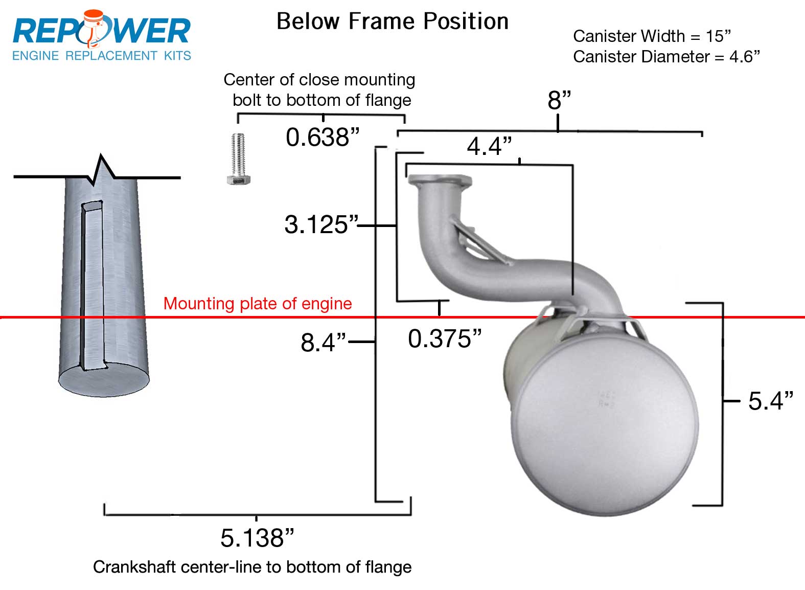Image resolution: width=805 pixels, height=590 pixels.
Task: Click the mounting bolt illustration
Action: click(238, 158)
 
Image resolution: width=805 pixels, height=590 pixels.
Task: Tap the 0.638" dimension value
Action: click(323, 137)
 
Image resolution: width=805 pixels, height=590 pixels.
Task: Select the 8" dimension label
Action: click(559, 100)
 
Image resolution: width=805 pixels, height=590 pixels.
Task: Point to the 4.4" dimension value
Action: click(489, 147)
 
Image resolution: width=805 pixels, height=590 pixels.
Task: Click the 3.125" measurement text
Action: click(321, 225)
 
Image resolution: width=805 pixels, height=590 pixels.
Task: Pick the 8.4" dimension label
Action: click(323, 342)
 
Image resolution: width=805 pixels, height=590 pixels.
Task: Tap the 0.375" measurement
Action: click(445, 338)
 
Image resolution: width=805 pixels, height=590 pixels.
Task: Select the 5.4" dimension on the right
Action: click(770, 401)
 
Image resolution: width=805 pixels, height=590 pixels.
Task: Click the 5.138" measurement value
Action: click(257, 538)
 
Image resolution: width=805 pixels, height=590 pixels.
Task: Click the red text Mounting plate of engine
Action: click(258, 304)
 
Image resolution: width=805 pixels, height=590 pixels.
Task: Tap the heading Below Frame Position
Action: click(392, 21)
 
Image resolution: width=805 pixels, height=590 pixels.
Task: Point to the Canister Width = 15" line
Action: click(652, 36)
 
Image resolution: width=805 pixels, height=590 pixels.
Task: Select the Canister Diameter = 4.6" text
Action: click(666, 57)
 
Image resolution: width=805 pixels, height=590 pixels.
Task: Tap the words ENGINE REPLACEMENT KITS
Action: click(101, 56)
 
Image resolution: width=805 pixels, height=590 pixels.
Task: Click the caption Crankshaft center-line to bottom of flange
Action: click(252, 567)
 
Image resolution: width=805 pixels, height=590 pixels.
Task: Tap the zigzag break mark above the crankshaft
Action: click(102, 169)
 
